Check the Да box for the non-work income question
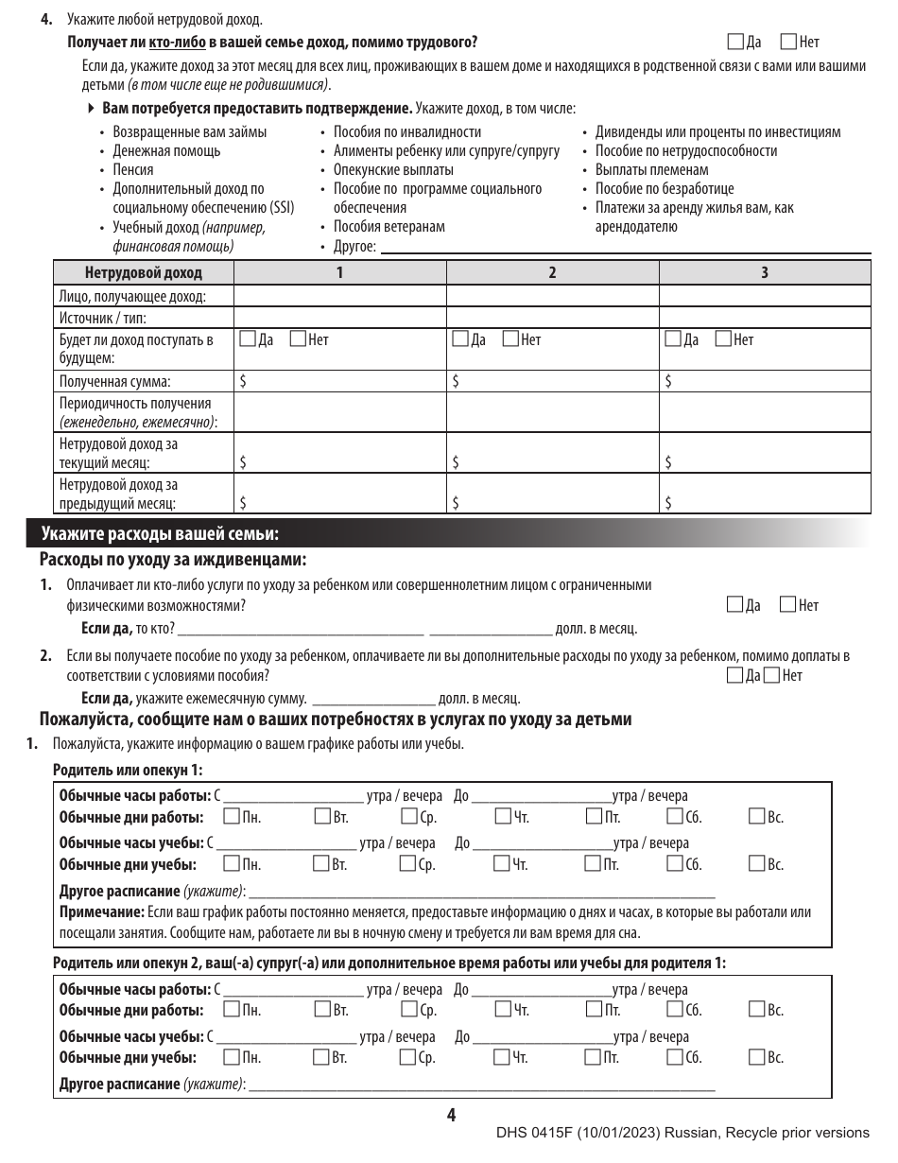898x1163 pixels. (736, 42)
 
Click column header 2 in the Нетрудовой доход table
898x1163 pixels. (552, 273)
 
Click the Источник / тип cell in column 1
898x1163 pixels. (339, 318)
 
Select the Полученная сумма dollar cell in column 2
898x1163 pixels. (552, 382)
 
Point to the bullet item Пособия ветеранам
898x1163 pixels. (389, 227)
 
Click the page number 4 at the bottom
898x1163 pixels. (451, 1117)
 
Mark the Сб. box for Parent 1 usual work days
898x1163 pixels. (675, 816)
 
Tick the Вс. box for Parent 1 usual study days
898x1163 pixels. (757, 863)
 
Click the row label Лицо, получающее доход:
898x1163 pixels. (132, 297)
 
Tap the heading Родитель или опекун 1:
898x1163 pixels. (129, 771)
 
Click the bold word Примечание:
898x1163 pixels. (101, 912)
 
